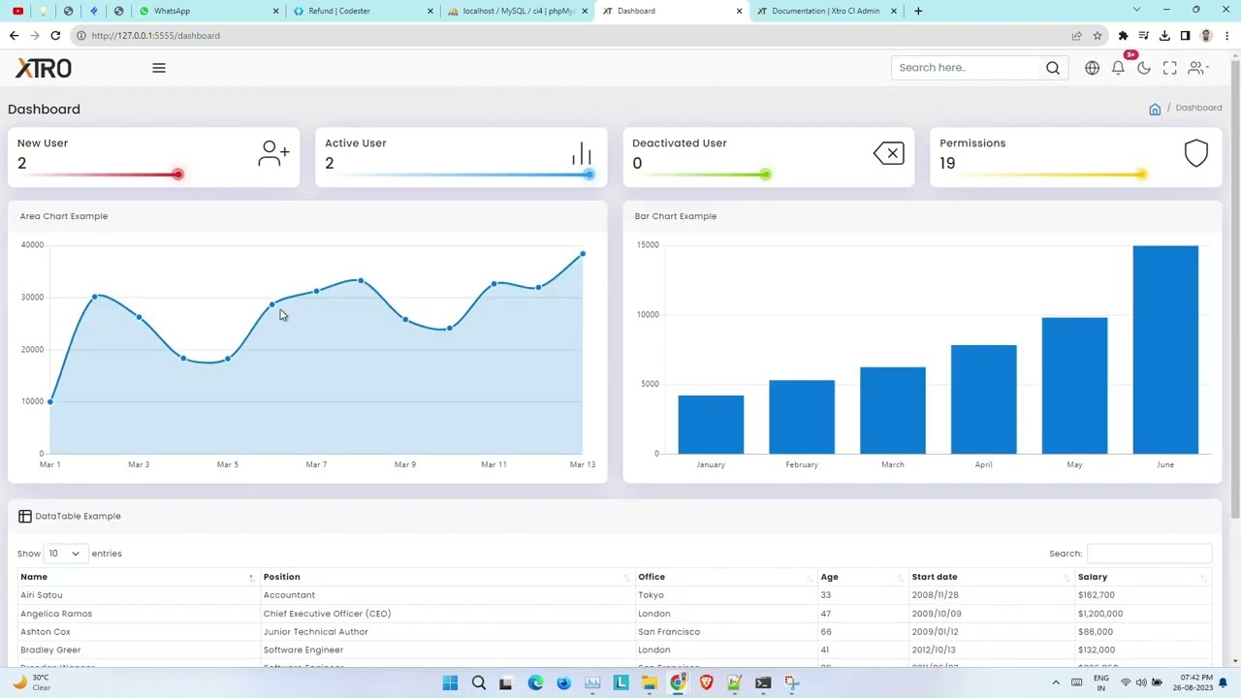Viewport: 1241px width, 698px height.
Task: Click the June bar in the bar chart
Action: [x=1164, y=349]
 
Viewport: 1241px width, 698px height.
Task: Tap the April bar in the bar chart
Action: [x=983, y=398]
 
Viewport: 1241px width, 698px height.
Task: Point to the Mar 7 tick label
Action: [x=316, y=464]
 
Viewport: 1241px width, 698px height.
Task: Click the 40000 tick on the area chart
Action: [x=32, y=245]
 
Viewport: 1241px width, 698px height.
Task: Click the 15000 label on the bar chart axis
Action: [x=648, y=245]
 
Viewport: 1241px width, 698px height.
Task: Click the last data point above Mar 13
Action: [x=583, y=254]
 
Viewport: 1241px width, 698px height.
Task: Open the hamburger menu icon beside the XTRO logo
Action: [x=159, y=68]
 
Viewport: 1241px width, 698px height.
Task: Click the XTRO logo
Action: [x=44, y=68]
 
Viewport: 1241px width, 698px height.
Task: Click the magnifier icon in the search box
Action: [x=1053, y=68]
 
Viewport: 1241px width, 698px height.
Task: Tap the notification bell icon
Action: [x=1118, y=68]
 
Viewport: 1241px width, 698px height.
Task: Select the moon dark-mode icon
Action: [x=1144, y=68]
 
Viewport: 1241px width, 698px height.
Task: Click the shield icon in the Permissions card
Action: [x=1195, y=153]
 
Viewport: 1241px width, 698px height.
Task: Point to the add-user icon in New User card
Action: [x=273, y=153]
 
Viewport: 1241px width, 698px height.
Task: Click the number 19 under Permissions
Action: [x=947, y=163]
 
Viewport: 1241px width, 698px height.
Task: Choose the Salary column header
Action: [x=1093, y=577]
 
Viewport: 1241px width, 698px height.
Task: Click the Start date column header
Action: [x=935, y=577]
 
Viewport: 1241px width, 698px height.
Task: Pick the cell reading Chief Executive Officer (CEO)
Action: [x=327, y=614]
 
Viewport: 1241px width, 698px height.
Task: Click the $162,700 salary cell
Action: [x=1096, y=595]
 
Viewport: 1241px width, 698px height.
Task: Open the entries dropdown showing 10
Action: [x=64, y=554]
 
